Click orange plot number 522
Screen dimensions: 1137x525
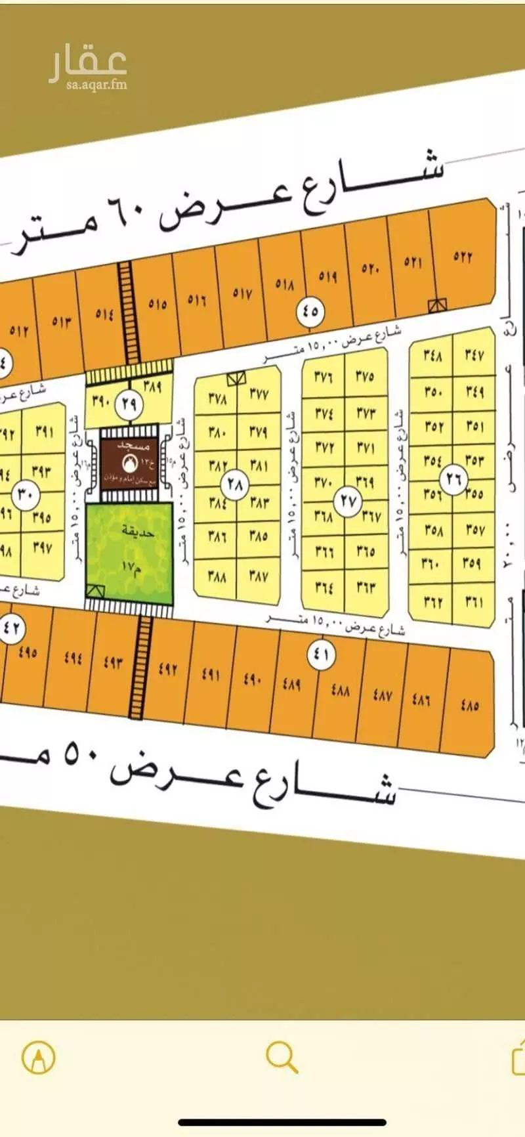point(463,257)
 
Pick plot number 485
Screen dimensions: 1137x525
point(469,706)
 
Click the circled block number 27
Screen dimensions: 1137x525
point(348,501)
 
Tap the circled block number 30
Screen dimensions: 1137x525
point(26,494)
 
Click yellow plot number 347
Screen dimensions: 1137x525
point(474,355)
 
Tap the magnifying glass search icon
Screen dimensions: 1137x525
point(282,1058)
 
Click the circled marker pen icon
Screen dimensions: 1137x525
point(39,1058)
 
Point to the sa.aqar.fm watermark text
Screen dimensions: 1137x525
point(96,84)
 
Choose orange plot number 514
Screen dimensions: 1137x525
point(104,314)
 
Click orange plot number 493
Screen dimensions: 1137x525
point(113,663)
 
